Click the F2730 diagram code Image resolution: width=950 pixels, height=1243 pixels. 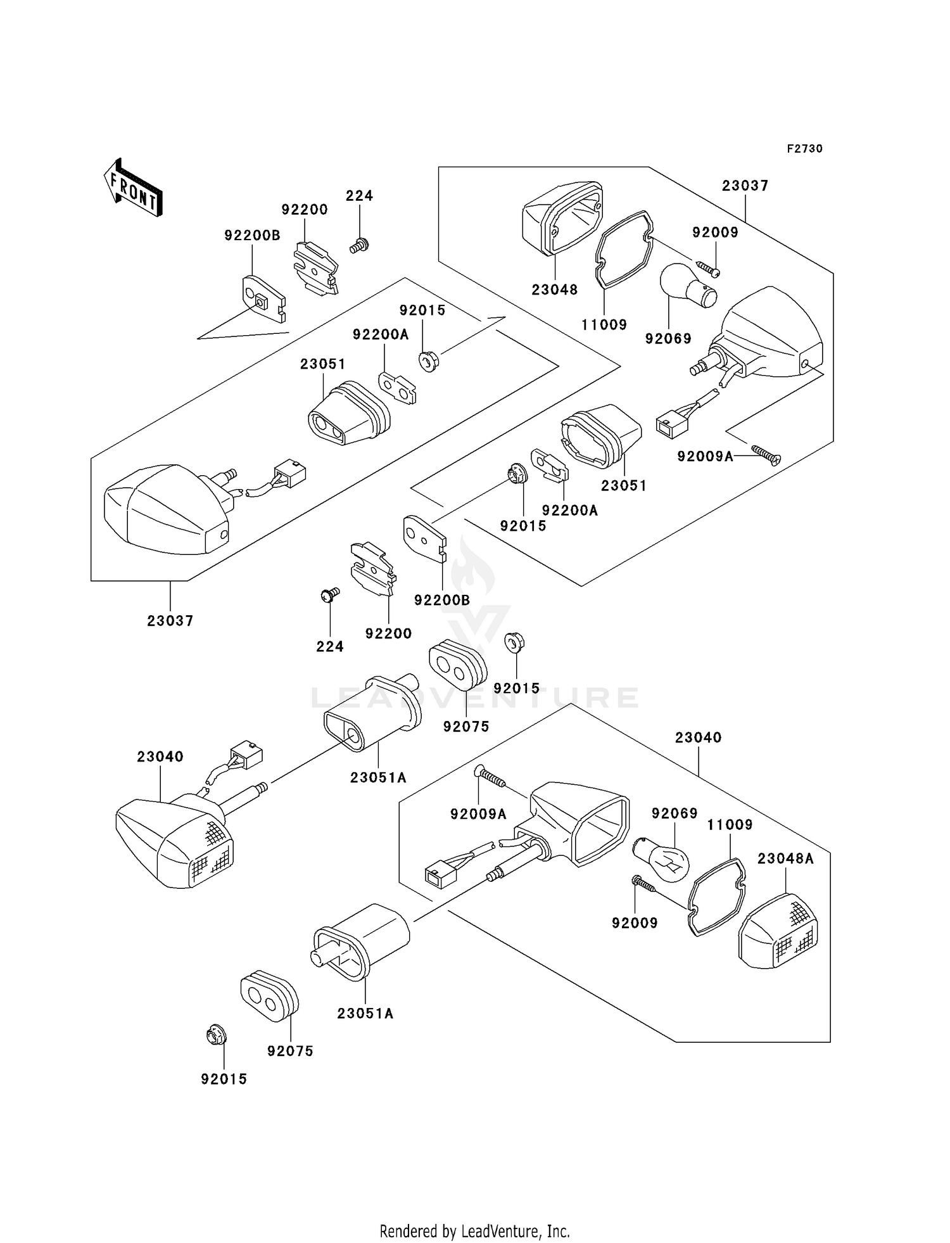click(x=804, y=149)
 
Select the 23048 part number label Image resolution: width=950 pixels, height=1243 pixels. click(x=554, y=290)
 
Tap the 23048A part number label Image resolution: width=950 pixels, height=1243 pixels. click(x=785, y=858)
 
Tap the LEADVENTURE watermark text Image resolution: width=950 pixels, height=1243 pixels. click(x=475, y=698)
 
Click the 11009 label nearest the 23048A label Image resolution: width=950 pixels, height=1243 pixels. click(x=730, y=824)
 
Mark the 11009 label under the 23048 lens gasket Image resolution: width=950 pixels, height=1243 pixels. click(x=604, y=324)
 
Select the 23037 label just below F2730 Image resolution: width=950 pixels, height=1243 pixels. click(x=745, y=186)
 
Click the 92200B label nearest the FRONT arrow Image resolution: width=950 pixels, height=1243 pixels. click(x=251, y=236)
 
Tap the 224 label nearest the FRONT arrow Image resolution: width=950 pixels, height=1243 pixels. click(x=359, y=196)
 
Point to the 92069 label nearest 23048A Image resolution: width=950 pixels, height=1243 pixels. click(x=674, y=813)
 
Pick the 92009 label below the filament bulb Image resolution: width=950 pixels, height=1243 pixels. click(x=635, y=923)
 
